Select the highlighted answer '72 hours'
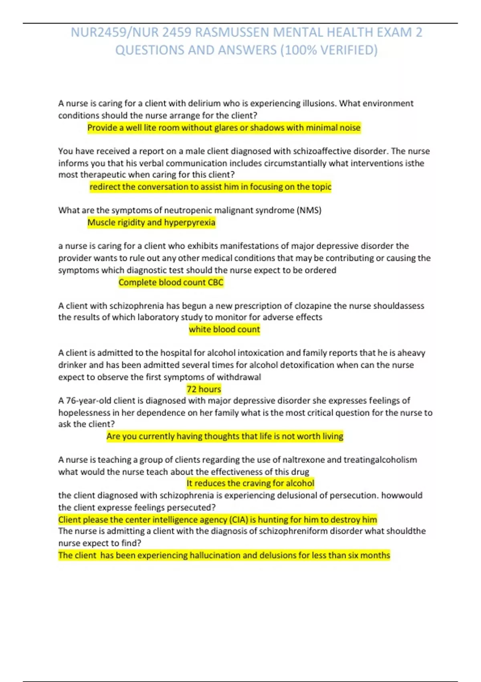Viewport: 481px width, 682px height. (x=204, y=389)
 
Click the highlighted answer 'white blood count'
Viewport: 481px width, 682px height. (x=224, y=329)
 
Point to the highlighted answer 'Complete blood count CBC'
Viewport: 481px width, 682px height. (x=171, y=282)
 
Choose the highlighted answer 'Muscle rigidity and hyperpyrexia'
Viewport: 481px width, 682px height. (x=151, y=222)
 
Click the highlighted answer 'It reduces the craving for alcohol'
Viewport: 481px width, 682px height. (x=250, y=483)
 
